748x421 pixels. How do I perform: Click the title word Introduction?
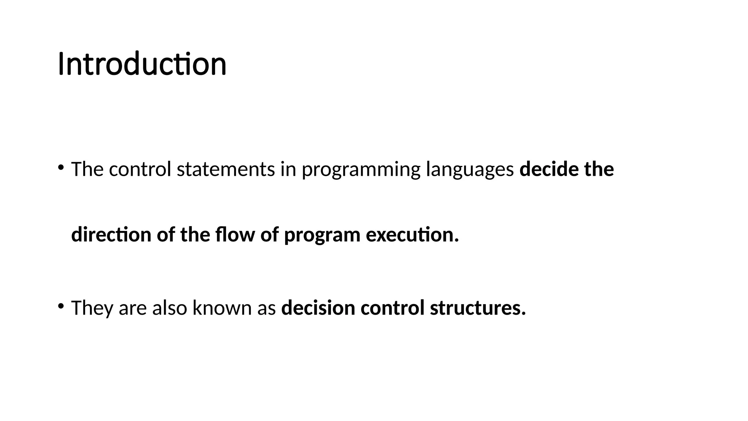tap(142, 64)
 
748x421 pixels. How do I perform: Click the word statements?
tap(226, 169)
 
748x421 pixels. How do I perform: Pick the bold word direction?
tap(111, 235)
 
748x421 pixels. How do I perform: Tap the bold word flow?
tap(235, 235)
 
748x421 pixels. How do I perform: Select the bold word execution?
tap(412, 235)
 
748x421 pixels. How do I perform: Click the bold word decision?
tap(318, 308)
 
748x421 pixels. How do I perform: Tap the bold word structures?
tap(478, 308)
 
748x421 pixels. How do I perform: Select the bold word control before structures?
tap(392, 308)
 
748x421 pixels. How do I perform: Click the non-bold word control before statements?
tap(140, 169)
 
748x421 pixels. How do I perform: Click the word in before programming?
tap(288, 169)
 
